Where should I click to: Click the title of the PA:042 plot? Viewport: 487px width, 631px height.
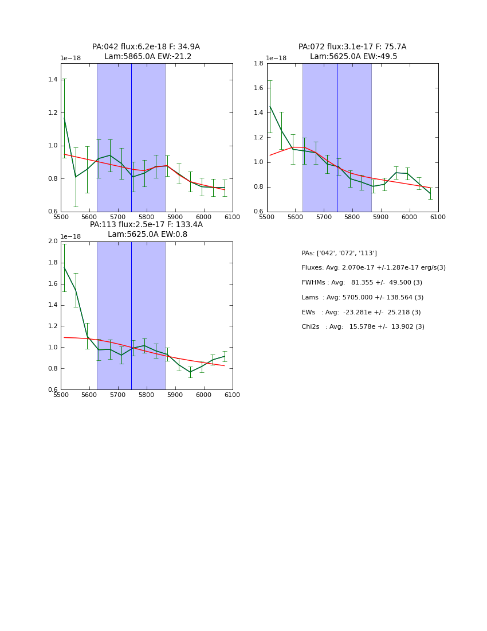click(x=146, y=52)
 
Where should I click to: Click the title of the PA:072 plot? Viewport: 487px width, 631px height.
click(x=352, y=52)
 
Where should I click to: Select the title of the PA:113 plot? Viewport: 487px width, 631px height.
click(x=146, y=229)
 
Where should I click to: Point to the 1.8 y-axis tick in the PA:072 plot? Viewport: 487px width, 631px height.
click(x=258, y=63)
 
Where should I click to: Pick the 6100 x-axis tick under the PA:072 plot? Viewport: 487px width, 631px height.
click(x=438, y=217)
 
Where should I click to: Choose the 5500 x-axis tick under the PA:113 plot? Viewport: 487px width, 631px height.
click(x=61, y=395)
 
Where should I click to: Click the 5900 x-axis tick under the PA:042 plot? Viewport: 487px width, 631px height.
click(x=175, y=217)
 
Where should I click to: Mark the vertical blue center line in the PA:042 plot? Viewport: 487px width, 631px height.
click(x=131, y=138)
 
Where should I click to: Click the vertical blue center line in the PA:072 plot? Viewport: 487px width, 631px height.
click(x=337, y=138)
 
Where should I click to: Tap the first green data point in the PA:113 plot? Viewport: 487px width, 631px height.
click(x=64, y=267)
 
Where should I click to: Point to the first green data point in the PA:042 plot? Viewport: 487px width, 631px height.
click(x=64, y=118)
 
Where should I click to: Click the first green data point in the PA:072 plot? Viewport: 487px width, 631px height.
click(x=270, y=106)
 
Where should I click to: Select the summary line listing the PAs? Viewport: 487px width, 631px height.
click(x=339, y=254)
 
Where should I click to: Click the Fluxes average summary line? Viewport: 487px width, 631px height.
click(x=374, y=268)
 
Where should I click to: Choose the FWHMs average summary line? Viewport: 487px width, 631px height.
click(x=362, y=283)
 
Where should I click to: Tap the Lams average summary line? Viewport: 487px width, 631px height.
click(x=363, y=298)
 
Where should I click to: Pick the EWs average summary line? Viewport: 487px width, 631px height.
click(x=361, y=313)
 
